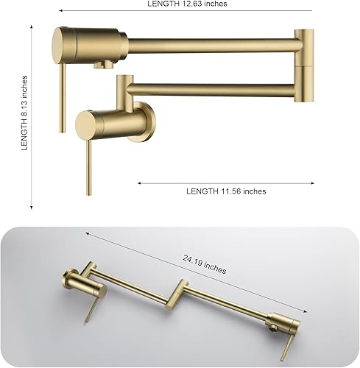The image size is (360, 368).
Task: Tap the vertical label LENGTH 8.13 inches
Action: (24, 112)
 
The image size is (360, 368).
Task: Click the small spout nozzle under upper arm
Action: (102, 65)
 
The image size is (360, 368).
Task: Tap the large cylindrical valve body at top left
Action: (88, 42)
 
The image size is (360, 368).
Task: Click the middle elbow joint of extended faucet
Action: (179, 292)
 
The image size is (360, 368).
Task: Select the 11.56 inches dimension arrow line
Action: (226, 183)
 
